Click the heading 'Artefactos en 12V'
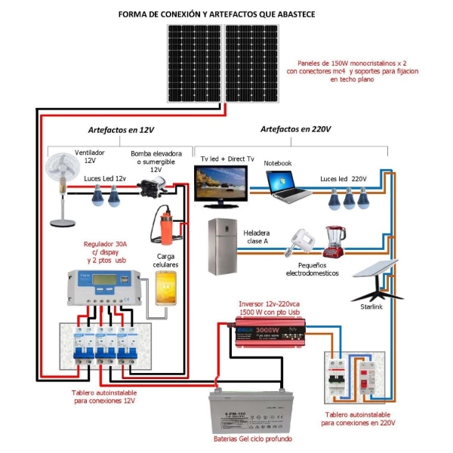120,129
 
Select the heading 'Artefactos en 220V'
296,129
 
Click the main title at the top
226,14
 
